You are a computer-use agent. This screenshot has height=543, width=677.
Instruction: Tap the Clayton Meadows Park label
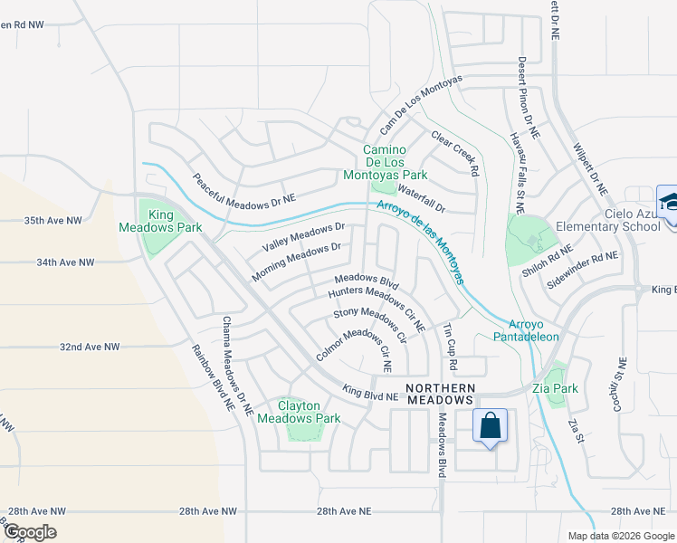(299, 412)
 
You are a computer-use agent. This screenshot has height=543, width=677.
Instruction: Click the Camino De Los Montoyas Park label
(395, 162)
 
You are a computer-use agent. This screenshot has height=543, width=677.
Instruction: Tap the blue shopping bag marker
(489, 426)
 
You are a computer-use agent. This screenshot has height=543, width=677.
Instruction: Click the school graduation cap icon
(667, 202)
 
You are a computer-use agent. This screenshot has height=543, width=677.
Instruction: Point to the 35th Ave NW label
(52, 220)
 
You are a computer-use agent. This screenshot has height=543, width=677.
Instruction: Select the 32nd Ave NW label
(90, 347)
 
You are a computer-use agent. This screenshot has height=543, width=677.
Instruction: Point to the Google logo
(30, 532)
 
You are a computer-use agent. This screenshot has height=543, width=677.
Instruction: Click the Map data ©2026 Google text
(620, 536)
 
